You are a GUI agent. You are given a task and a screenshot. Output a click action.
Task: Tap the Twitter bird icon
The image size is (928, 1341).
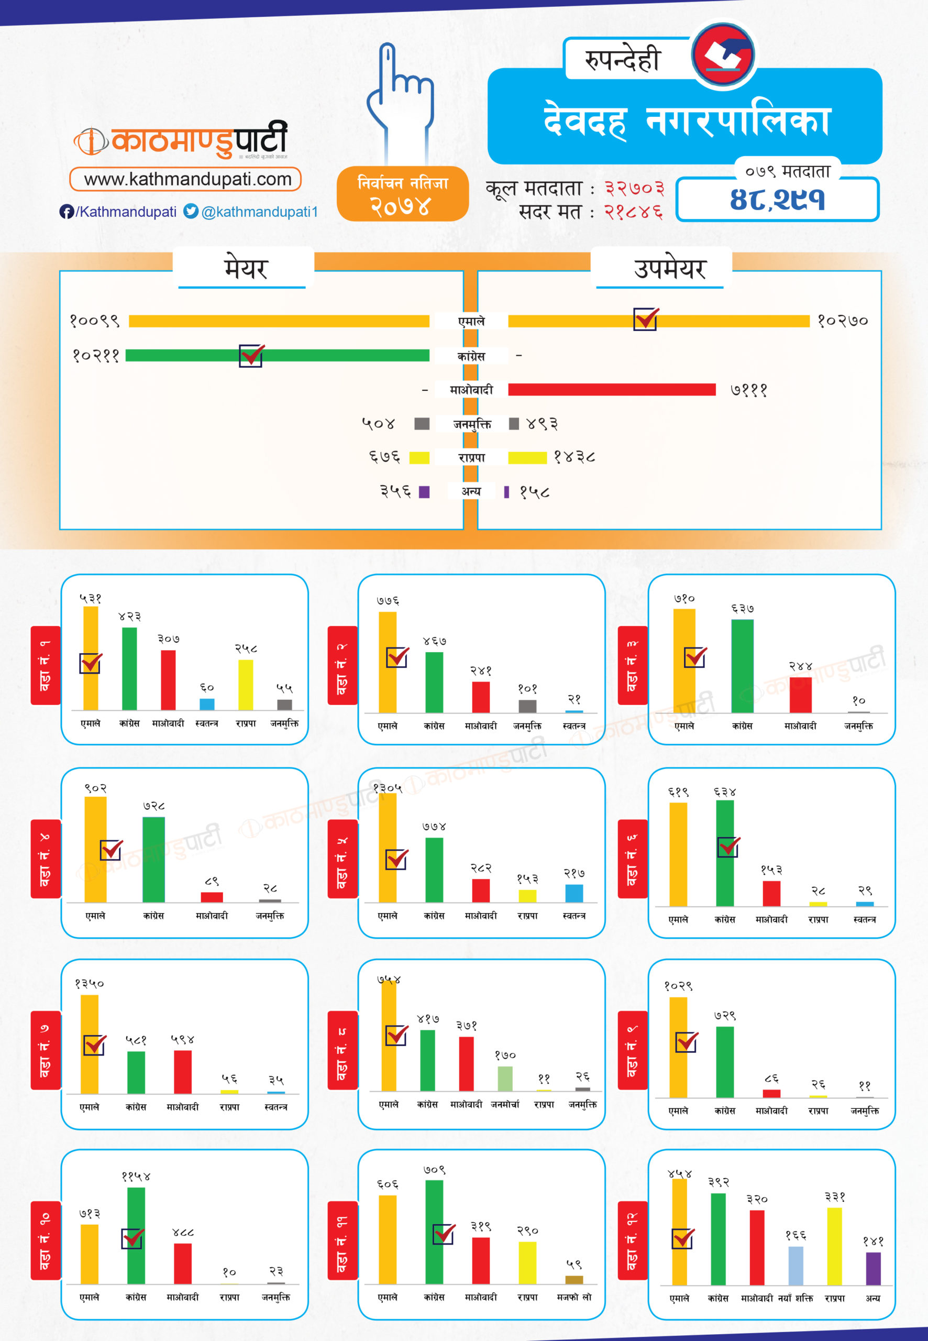click(191, 211)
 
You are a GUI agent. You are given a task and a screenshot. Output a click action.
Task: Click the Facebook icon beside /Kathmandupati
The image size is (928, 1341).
click(67, 212)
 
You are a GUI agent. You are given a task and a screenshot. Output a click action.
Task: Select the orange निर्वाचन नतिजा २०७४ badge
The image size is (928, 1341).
click(402, 194)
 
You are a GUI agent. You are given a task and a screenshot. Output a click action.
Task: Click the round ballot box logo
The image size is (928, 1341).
click(723, 54)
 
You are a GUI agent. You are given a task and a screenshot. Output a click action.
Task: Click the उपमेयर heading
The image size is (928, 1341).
click(669, 269)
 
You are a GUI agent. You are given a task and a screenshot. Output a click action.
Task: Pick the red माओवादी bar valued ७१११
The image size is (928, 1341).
click(612, 390)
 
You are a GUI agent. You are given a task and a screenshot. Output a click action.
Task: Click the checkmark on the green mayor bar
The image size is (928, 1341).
click(251, 355)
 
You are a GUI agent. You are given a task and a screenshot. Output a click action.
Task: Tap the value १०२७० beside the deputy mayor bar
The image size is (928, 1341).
click(843, 321)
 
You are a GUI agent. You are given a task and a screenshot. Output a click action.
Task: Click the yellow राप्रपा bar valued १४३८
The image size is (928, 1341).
click(527, 458)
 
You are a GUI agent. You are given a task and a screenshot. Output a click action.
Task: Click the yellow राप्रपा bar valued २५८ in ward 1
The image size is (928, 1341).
click(246, 685)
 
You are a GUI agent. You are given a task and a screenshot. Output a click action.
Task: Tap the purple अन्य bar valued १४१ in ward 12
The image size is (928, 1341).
click(873, 1268)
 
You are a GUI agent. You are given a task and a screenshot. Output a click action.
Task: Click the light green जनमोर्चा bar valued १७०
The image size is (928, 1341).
click(505, 1078)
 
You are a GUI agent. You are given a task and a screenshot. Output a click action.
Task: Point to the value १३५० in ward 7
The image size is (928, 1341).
click(89, 984)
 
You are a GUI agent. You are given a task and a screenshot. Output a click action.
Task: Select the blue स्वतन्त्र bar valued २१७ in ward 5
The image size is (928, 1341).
click(574, 893)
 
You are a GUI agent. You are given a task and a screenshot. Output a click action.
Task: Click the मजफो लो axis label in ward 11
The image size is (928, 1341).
click(574, 1297)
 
